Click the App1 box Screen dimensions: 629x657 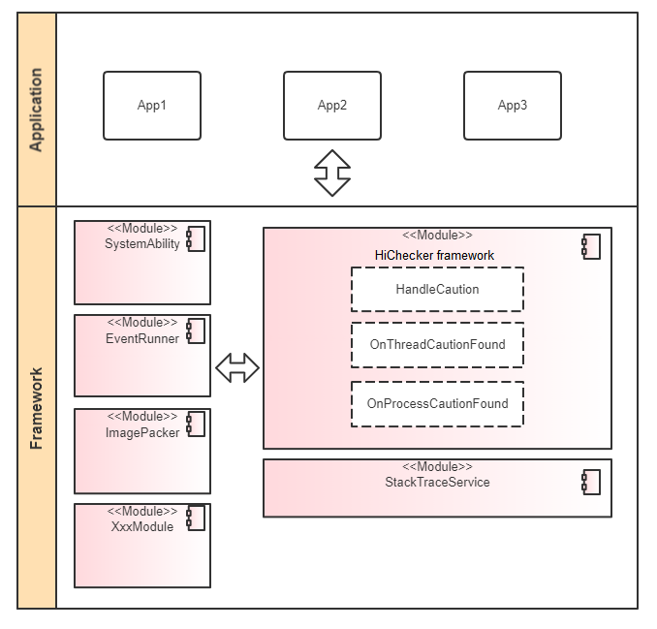(x=152, y=105)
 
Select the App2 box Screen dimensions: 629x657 (x=332, y=105)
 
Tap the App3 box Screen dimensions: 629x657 (x=512, y=105)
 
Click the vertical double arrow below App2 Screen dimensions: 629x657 (x=332, y=173)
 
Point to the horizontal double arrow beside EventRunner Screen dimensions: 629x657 (x=237, y=367)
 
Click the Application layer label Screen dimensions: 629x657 (x=37, y=110)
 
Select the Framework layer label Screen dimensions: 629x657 (x=37, y=407)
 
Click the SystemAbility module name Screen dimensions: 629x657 (x=142, y=244)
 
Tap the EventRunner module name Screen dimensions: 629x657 (x=142, y=338)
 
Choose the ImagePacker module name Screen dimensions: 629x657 (x=142, y=432)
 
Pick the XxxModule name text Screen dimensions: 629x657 (x=142, y=526)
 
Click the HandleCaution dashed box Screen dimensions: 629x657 (x=437, y=289)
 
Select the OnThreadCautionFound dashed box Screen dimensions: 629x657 (x=437, y=344)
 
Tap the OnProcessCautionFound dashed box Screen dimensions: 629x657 (x=437, y=404)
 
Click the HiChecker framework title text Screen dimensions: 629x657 (x=435, y=255)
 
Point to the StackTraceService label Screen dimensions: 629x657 (x=437, y=482)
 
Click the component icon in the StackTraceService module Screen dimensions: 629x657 (x=590, y=482)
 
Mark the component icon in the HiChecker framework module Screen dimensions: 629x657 (x=590, y=246)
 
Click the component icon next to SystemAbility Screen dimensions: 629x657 (x=195, y=237)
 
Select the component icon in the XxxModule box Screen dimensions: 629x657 (x=195, y=519)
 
